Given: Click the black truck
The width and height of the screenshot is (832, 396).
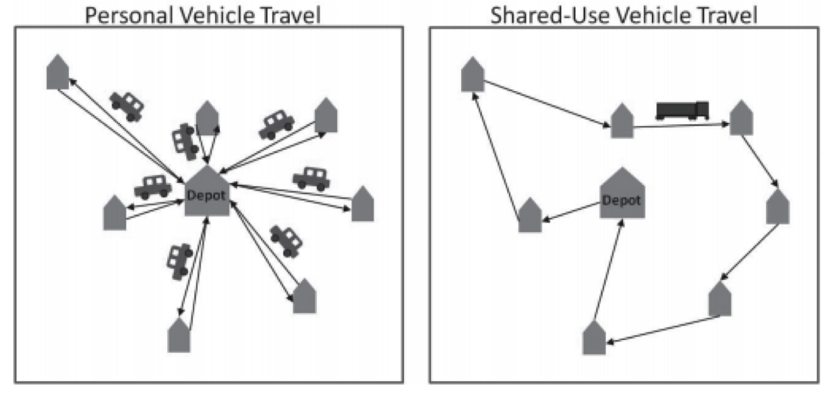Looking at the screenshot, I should (x=682, y=110).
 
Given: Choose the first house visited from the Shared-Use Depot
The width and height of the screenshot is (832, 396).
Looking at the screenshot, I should (x=530, y=215).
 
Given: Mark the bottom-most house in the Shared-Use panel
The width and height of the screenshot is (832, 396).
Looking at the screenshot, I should (x=594, y=338).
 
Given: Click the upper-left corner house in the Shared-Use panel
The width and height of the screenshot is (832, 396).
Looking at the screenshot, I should (x=473, y=74).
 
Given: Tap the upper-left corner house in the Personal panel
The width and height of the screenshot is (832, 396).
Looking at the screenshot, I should (x=58, y=72).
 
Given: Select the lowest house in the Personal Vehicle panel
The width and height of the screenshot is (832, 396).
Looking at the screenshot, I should (x=179, y=335).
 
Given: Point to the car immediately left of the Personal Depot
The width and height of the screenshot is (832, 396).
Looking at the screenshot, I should (x=153, y=186).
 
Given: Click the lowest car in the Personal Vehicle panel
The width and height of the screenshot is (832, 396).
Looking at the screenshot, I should (x=179, y=260).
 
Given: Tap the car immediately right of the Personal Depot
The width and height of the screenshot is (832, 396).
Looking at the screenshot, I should (x=311, y=178).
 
